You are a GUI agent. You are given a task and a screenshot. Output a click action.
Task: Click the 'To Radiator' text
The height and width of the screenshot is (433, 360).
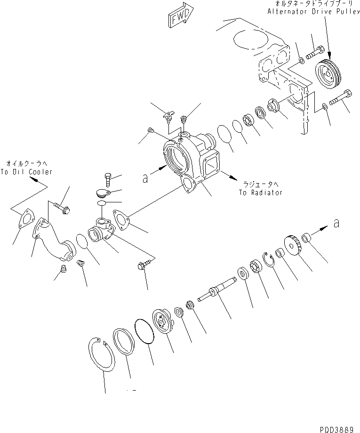[x=260, y=192]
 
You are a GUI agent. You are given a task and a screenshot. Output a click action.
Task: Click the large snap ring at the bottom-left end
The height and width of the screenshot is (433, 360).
[x=101, y=356]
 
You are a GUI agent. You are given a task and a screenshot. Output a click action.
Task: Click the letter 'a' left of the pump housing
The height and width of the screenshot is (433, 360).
[x=147, y=178]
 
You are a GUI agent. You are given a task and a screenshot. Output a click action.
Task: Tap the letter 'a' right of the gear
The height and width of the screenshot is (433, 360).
[x=336, y=225]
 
